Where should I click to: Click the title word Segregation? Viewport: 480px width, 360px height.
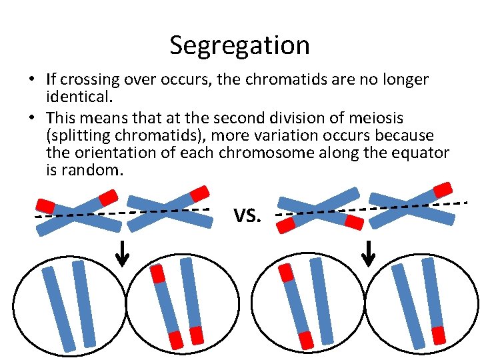pos(239,45)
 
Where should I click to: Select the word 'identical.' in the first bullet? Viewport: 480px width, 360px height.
pos(75,97)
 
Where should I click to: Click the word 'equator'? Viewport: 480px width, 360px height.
pos(418,153)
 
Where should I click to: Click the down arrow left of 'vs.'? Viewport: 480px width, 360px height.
pos(123,252)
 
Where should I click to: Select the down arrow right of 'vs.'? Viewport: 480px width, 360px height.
pos(368,252)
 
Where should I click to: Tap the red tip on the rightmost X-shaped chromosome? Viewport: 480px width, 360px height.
pos(443,189)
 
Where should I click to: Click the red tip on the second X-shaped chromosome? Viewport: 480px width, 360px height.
pos(199,193)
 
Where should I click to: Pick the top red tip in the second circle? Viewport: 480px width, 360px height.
pos(157,273)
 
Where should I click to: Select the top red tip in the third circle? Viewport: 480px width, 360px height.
pos(286,273)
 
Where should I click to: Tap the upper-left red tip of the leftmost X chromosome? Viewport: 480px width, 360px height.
pos(45,205)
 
